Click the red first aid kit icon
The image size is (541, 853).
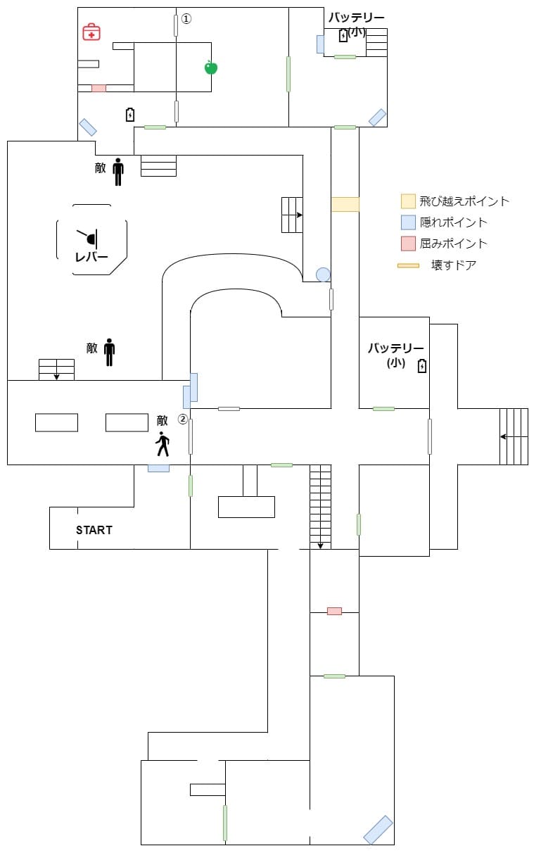coord(91,32)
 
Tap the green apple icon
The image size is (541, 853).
coord(210,68)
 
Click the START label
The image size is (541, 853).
coord(94,530)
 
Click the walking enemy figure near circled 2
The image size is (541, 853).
coord(163,443)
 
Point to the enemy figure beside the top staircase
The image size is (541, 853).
coord(117,171)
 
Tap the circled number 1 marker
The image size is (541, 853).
coord(186,19)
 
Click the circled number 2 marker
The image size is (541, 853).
coord(182,419)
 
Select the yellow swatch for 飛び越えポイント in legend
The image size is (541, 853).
coord(408,201)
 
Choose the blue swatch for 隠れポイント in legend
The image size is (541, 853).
coord(408,222)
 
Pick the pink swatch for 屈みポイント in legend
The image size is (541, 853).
coord(408,244)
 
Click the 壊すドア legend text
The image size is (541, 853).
coord(454,265)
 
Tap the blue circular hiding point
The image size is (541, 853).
coord(323,274)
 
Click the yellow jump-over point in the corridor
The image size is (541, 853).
coord(345,204)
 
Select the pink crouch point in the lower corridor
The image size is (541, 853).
coord(334,611)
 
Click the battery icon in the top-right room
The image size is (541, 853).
coord(343,35)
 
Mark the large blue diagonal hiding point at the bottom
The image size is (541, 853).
coord(378,829)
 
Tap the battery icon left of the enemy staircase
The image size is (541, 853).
coord(130,114)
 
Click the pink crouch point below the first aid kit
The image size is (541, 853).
coord(98,88)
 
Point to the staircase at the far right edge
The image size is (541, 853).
coord(514,436)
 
